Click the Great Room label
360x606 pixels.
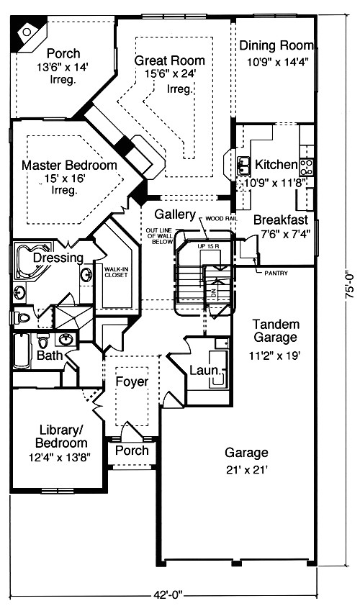pos(169,61)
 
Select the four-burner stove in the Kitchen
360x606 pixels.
pos(307,167)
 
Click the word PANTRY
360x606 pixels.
pos(276,273)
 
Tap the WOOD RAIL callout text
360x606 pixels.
pos(220,217)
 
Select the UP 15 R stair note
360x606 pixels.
pos(208,248)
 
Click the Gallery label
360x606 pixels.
pos(175,214)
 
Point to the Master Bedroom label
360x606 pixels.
pos(69,166)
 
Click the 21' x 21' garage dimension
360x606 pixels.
pos(246,469)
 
